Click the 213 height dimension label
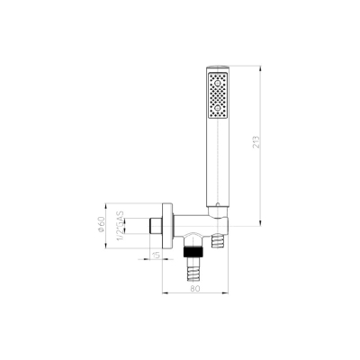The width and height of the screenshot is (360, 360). [x=256, y=142]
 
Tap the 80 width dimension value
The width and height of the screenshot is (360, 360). [x=195, y=288]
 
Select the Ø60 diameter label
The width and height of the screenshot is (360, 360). [x=101, y=224]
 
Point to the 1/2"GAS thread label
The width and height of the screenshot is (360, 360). [x=120, y=226]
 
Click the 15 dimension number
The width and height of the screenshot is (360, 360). [x=156, y=256]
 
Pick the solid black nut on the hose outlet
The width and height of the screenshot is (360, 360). [x=193, y=252]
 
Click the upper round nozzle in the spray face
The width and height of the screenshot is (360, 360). [x=218, y=83]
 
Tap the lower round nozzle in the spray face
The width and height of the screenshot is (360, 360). [x=218, y=108]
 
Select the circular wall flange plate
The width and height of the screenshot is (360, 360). [x=167, y=226]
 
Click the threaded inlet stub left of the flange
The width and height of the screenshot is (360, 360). [x=156, y=226]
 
